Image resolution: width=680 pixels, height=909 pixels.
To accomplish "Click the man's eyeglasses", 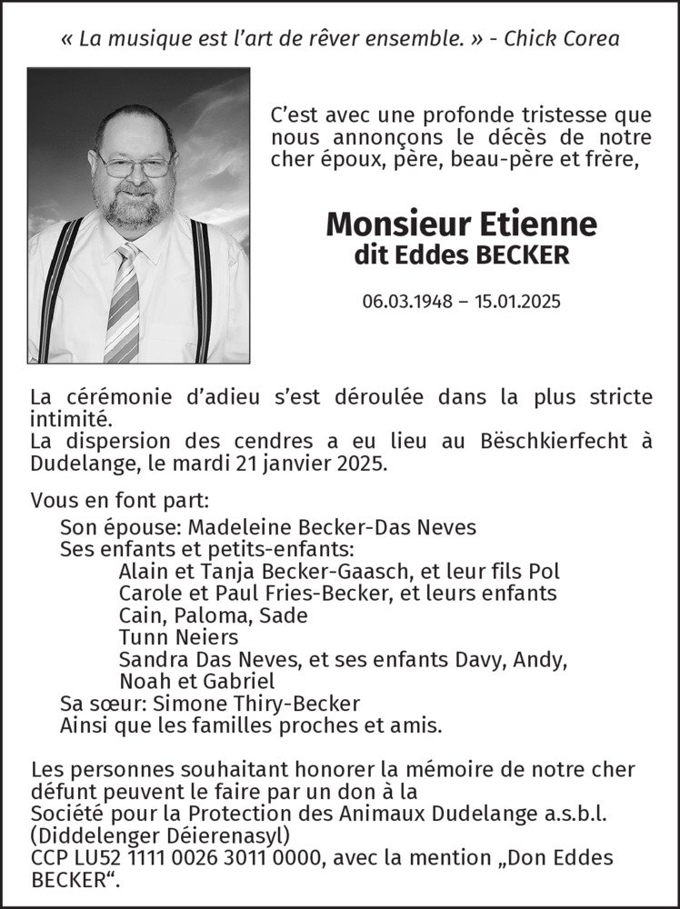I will coord(134,165).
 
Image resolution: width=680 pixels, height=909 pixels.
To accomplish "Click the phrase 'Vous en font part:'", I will coord(120,501).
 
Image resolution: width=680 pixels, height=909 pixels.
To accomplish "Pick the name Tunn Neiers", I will coord(178,637).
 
